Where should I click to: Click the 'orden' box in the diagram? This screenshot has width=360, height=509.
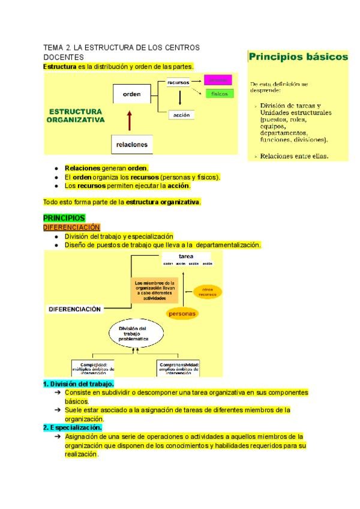click(x=131, y=94)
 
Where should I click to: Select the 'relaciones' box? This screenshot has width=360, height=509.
click(x=131, y=145)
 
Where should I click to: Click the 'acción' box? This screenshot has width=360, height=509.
click(x=179, y=115)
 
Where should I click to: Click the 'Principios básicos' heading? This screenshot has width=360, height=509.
click(x=298, y=57)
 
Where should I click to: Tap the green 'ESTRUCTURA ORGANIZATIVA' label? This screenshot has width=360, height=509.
click(x=75, y=115)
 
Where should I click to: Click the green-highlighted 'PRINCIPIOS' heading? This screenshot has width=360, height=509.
click(x=64, y=218)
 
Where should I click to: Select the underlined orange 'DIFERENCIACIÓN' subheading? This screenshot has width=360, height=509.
click(x=71, y=227)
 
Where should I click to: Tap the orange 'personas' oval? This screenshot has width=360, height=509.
click(x=182, y=313)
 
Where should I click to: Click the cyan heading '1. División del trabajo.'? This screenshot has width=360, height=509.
click(x=78, y=383)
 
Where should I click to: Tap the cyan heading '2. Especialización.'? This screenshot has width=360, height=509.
click(x=72, y=427)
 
